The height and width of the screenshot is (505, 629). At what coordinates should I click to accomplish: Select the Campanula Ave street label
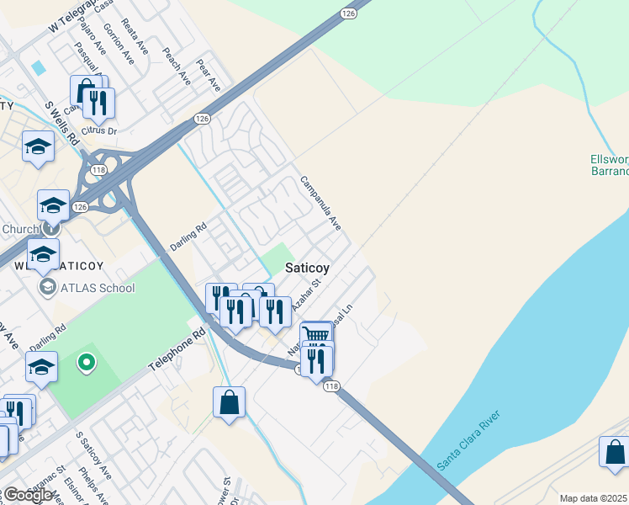(321, 204)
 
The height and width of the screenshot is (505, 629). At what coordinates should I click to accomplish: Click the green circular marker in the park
(85, 364)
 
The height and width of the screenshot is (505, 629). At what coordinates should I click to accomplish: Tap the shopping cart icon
(315, 334)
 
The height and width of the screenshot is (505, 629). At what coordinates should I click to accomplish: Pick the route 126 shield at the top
(348, 13)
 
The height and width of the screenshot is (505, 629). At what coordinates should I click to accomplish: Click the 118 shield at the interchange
(99, 171)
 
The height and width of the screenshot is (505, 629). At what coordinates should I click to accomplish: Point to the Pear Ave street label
(207, 75)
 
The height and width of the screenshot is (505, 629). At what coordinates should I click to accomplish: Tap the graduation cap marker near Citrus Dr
(37, 147)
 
